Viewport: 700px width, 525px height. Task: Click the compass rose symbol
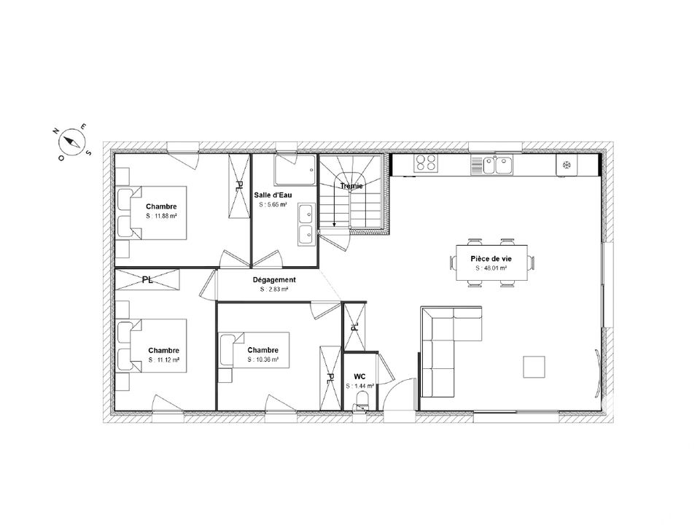coord(72,141)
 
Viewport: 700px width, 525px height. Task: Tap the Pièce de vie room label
coord(491,258)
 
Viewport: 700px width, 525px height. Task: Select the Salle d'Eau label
coord(273,195)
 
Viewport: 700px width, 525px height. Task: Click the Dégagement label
coord(274,280)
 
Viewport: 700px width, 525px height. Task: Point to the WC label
coord(359,377)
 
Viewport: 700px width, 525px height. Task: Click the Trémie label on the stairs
coord(351,186)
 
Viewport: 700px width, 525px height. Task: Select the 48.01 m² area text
coord(491,268)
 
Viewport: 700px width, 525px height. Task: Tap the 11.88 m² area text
coord(161,216)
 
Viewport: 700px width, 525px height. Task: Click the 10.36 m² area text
coord(263,359)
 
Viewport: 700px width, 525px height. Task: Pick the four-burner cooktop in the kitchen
coord(425,163)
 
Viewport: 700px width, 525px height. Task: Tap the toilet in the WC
coord(362,400)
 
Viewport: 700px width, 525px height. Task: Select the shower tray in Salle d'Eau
coord(295,170)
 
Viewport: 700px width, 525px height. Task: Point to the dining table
coord(491,262)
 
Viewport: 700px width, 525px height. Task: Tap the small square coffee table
coord(534,367)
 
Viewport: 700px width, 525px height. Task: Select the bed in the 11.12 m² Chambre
coord(152,346)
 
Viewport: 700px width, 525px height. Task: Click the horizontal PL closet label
coord(147,280)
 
